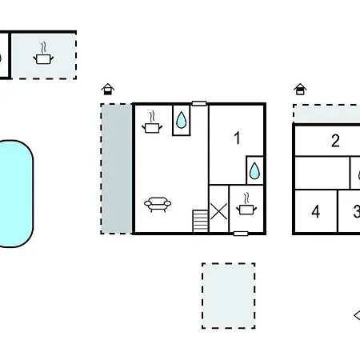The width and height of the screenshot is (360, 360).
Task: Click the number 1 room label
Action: tap(237, 138)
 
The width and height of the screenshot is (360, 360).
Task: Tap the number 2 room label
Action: tap(335, 141)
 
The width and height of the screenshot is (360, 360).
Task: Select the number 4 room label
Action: tap(316, 212)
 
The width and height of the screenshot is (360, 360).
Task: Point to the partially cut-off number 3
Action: tap(357, 211)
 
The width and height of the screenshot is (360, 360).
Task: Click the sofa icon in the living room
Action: tap(158, 204)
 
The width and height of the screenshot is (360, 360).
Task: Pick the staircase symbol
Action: tap(200, 221)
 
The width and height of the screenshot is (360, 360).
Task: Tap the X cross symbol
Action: tap(218, 211)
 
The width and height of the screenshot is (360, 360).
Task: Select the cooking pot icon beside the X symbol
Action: tap(246, 204)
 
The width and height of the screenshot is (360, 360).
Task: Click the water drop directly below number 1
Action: tap(254, 170)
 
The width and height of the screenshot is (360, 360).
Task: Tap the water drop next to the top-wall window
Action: tap(182, 120)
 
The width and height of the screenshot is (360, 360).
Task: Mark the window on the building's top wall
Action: tap(199, 103)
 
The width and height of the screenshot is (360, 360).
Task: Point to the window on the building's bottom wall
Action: tap(241, 234)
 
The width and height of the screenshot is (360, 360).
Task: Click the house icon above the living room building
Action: tap(108, 89)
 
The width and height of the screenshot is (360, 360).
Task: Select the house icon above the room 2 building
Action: tap(300, 89)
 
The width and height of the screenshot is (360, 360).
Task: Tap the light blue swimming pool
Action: tap(16, 194)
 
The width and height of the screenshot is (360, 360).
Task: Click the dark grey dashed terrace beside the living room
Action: tap(117, 169)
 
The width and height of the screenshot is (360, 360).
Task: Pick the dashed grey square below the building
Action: tap(229, 296)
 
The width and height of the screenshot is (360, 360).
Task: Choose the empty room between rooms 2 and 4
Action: tap(322, 173)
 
